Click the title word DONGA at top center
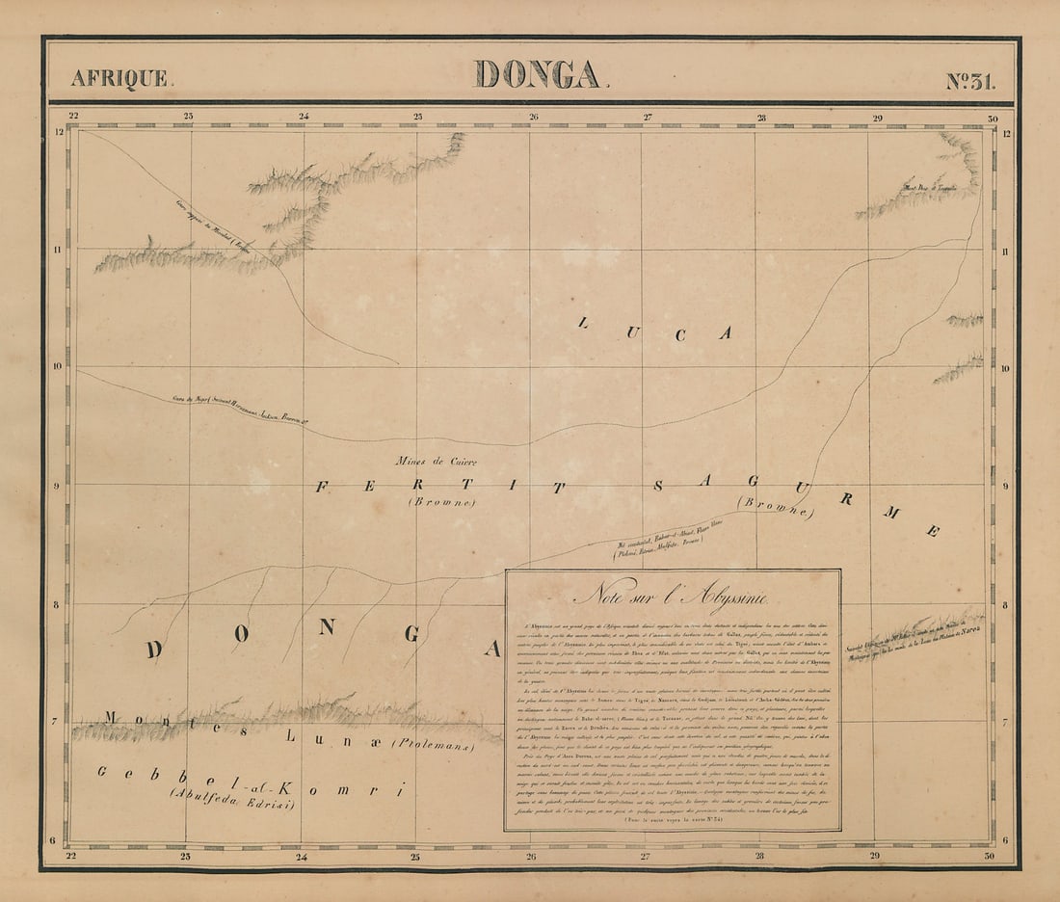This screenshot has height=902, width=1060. coord(537,75)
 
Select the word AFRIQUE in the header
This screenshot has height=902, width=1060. coord(119,79)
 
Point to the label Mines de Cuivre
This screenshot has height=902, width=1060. coord(436,462)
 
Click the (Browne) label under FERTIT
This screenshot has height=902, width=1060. coord(441,502)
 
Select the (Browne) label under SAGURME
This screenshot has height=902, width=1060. coord(774,506)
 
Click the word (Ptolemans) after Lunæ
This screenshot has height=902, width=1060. coord(433,745)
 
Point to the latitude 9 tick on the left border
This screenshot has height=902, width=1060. coord(57,486)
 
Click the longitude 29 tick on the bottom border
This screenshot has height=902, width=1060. coord(875,855)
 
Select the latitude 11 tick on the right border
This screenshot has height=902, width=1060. coord(1005,250)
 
